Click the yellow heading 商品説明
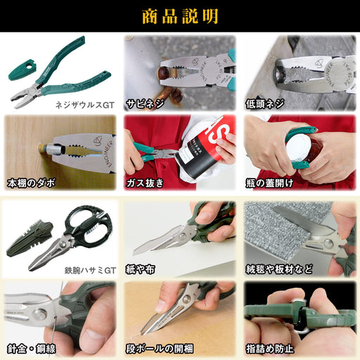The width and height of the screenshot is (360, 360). click(180, 16)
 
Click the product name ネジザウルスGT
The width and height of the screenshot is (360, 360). click(85, 105)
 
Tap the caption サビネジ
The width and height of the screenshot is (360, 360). click(145, 104)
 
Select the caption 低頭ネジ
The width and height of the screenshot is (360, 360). click(265, 104)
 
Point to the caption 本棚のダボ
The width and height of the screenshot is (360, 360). click(31, 183)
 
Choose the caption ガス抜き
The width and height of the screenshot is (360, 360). click(145, 183)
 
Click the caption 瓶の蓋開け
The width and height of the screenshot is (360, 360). click(269, 183)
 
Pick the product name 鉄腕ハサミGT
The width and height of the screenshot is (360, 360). click(90, 271)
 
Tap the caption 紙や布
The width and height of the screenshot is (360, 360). click(141, 269)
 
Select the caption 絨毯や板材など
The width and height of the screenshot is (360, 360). click(279, 269)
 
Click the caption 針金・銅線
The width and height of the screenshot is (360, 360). click(32, 349)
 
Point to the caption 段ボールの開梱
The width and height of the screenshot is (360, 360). click(160, 349)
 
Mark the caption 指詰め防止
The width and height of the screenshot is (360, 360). click(269, 349)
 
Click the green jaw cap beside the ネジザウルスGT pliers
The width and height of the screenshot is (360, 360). click(22, 70)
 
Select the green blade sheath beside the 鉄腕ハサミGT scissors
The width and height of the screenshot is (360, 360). click(30, 238)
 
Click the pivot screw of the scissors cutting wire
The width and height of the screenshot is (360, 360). click(39, 314)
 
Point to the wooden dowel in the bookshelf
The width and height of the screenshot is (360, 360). click(42, 149)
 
